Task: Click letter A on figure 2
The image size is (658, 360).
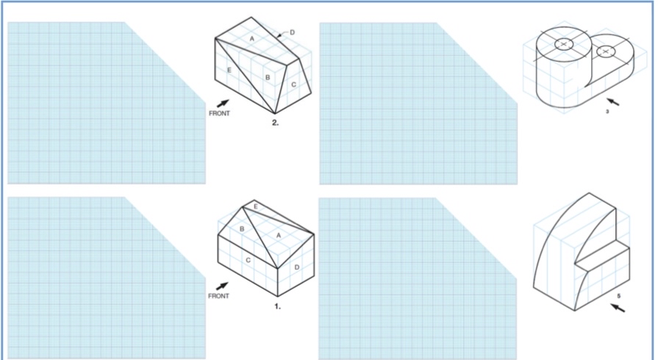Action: [x=251, y=37]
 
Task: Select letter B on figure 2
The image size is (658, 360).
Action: [x=268, y=76]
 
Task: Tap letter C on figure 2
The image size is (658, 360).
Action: [x=293, y=85]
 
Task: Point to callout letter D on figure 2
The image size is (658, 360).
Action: [x=292, y=32]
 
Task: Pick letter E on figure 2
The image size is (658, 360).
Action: [x=229, y=71]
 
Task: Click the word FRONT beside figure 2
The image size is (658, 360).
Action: [x=219, y=114]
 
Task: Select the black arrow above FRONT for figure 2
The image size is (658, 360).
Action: [x=223, y=104]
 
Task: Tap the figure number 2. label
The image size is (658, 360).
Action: [x=275, y=123]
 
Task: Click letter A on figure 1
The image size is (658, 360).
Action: [x=277, y=234]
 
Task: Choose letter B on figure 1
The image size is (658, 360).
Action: [x=242, y=228]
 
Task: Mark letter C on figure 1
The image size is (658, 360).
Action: [x=248, y=259]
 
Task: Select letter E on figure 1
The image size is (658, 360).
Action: [x=255, y=207]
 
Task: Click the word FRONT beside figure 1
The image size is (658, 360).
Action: [x=218, y=296]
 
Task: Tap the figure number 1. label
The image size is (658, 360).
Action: [x=277, y=306]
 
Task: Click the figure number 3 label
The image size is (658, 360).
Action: [x=607, y=112]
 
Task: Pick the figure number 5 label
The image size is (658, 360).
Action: [x=619, y=296]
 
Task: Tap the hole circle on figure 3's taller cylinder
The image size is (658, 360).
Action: [x=564, y=44]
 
